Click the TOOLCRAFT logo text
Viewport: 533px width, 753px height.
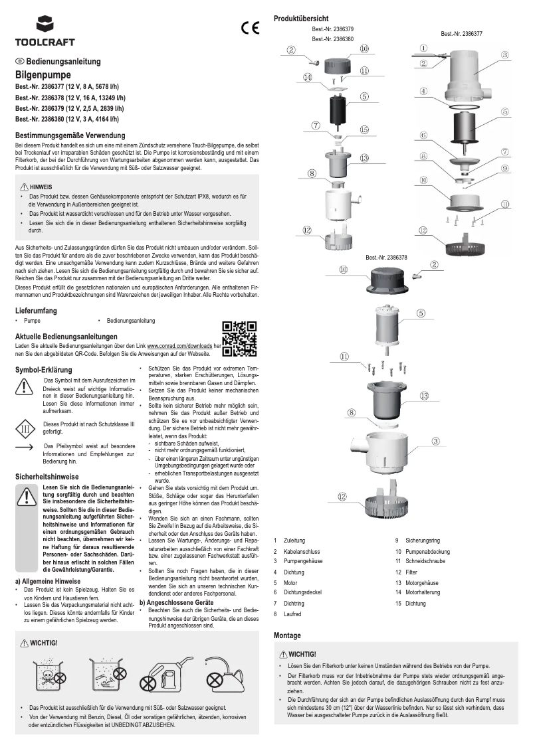(x=37, y=42)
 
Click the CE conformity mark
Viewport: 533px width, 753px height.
(x=251, y=29)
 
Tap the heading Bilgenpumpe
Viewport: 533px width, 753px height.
(x=43, y=76)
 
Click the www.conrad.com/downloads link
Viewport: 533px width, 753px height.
(x=179, y=346)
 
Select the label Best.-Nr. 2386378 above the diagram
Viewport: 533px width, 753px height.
(x=386, y=257)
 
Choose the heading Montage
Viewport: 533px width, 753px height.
(x=287, y=635)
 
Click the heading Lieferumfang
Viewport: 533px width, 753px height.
(x=35, y=310)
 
